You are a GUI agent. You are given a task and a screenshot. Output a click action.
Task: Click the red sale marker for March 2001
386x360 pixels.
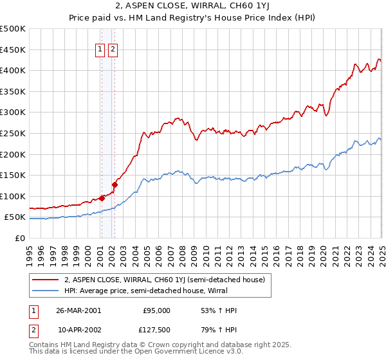click(x=102, y=198)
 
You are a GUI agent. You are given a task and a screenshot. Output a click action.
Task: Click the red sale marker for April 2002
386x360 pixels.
click(x=114, y=184)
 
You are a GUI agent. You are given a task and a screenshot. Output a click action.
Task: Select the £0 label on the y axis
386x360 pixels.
click(x=19, y=239)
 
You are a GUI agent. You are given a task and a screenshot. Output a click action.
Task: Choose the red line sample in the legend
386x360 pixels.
click(x=46, y=279)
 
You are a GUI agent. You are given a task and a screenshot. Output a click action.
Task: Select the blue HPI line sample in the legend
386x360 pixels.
click(x=46, y=290)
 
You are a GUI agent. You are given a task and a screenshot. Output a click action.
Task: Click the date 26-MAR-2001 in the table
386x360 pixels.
click(x=78, y=310)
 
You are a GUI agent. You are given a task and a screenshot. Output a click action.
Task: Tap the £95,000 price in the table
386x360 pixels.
click(x=156, y=310)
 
